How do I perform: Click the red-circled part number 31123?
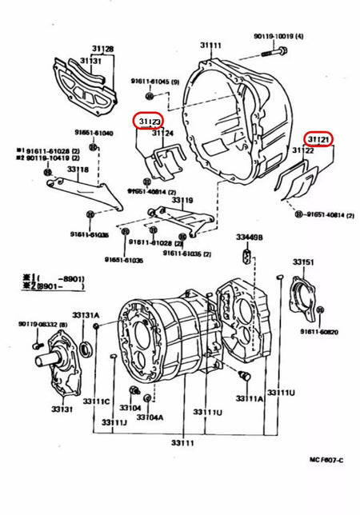150,121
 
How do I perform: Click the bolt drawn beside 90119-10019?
272,53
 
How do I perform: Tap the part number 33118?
78,170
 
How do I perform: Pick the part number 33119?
183,200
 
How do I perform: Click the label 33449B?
249,237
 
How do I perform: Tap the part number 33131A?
86,315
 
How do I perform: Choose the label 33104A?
150,417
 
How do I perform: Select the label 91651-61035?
123,260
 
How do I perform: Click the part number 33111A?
249,397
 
